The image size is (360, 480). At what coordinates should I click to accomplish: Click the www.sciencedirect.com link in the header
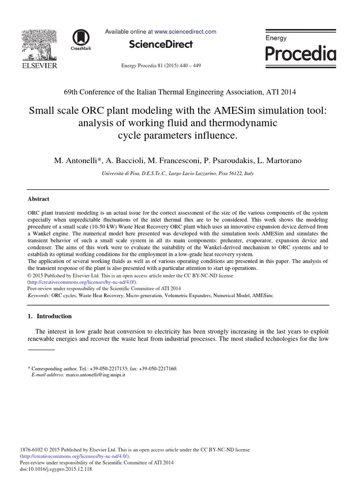(x=185, y=32)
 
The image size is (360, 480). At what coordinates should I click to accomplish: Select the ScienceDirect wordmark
(x=161, y=45)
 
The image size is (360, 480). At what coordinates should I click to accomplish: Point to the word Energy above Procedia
(x=276, y=38)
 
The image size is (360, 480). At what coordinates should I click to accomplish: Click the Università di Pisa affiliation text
(x=122, y=173)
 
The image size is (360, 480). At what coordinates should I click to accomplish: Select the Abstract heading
(x=39, y=199)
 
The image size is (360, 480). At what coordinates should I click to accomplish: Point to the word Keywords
(x=39, y=296)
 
